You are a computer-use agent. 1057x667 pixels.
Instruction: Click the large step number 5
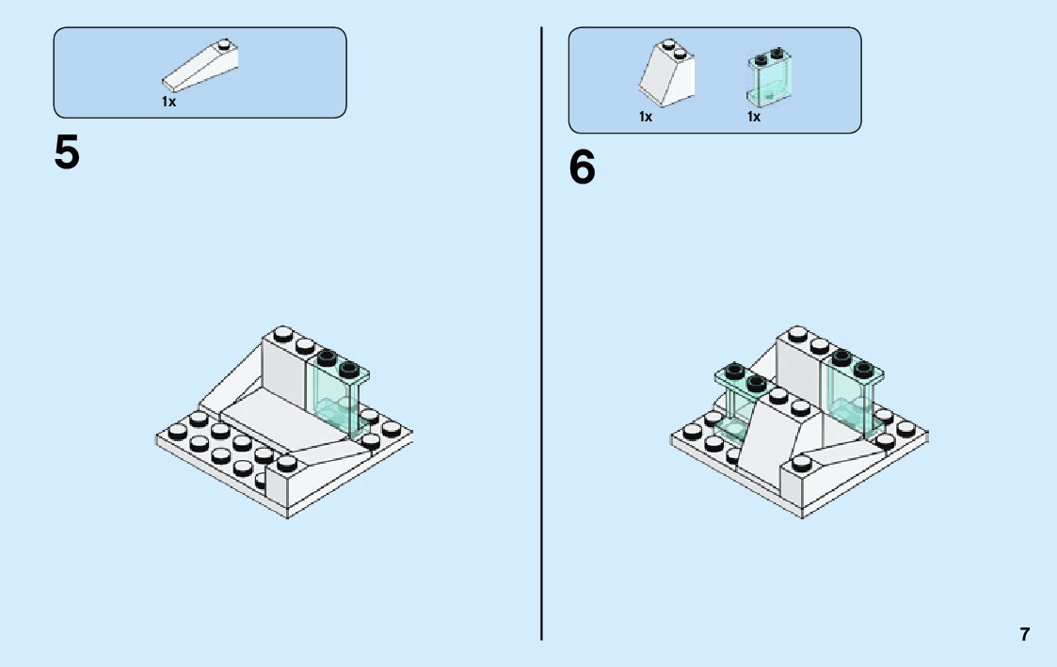67,152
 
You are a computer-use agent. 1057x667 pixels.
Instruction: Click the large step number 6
583,168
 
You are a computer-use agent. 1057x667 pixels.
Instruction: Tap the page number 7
1025,634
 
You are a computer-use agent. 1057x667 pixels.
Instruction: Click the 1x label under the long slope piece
168,102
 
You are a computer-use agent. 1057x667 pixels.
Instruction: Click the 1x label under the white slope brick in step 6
646,117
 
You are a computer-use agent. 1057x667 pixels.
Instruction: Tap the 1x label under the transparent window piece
754,117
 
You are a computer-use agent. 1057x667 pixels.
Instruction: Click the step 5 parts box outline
200,28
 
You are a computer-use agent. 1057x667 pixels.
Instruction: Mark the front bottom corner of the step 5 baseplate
288,516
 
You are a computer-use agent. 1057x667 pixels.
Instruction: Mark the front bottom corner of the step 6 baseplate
803,516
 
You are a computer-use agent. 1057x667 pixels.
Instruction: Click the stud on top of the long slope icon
224,43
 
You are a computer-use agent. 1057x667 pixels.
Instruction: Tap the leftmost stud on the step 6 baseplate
693,432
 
